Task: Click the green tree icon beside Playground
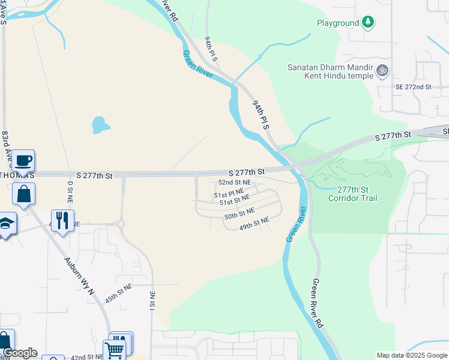pyautogui.click(x=368, y=23)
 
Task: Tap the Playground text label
pyautogui.click(x=338, y=23)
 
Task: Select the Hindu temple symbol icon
pyautogui.click(x=382, y=71)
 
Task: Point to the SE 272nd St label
pyautogui.click(x=414, y=87)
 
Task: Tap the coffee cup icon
pyautogui.click(x=23, y=161)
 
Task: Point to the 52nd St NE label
pyautogui.click(x=234, y=182)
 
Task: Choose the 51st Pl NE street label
pyautogui.click(x=230, y=195)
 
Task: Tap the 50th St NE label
pyautogui.click(x=240, y=214)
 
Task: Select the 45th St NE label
pyautogui.click(x=118, y=295)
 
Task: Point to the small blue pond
pyautogui.click(x=100, y=125)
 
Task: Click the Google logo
pyautogui.click(x=20, y=353)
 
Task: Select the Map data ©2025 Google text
pyautogui.click(x=412, y=355)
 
